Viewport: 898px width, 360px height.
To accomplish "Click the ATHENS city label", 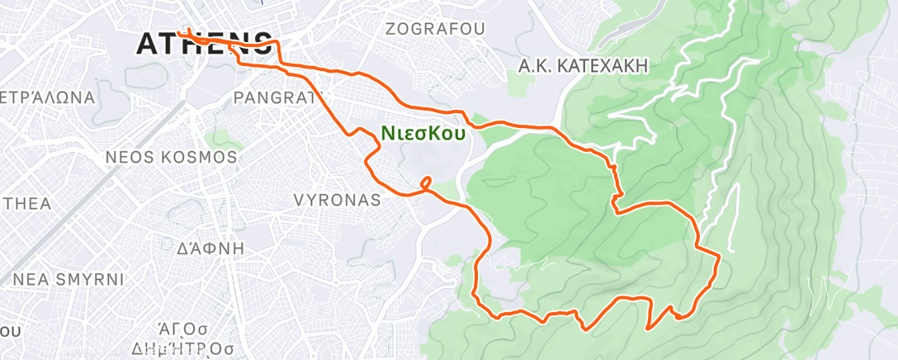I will pos(204,44).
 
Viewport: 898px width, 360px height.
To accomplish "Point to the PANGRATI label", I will pos(274,97).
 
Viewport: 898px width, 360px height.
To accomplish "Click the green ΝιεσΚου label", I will pos(423,132).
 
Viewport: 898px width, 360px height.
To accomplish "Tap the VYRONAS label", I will pos(338,200).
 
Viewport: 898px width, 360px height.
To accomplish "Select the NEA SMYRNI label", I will pos(69,279).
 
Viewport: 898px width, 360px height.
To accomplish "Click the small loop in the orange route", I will pos(426,182).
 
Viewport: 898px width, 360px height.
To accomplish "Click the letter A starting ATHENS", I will pos(149,44).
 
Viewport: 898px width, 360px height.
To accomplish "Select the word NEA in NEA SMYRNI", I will pos(29,279).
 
